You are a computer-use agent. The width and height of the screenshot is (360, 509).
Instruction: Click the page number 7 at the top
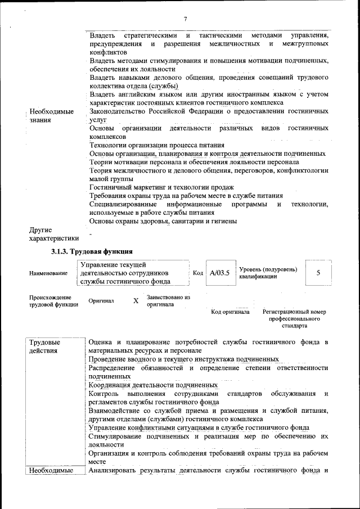185,19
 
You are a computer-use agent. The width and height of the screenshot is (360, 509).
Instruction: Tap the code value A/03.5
219,273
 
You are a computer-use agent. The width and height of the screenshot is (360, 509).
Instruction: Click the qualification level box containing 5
318,273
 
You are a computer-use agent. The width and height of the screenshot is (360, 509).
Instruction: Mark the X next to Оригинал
136,301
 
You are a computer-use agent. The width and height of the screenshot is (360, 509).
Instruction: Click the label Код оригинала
230,312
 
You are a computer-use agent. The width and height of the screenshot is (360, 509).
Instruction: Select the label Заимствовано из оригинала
168,300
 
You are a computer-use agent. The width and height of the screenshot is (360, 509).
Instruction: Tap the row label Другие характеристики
53,234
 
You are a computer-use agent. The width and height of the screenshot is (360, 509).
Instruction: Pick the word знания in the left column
40,120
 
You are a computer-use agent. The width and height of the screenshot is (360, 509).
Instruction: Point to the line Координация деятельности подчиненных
147,385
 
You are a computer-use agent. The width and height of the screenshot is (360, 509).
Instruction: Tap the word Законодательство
119,111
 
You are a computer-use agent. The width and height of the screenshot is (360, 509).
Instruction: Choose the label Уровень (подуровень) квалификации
268,273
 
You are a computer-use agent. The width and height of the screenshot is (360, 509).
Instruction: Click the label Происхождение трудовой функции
51,301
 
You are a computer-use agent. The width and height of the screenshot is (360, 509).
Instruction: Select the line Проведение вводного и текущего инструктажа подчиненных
184,359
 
